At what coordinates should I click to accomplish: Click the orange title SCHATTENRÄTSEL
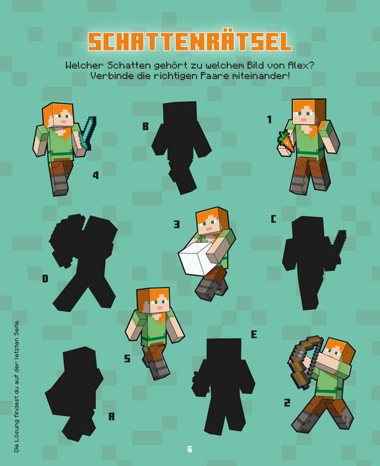pyautogui.click(x=189, y=41)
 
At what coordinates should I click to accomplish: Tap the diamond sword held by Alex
pyautogui.click(x=86, y=131)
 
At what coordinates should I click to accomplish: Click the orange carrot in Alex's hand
pyautogui.click(x=286, y=140)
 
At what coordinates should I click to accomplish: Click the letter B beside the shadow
pyautogui.click(x=146, y=127)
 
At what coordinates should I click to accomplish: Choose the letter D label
pyautogui.click(x=45, y=279)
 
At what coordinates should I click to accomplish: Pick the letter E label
pyautogui.click(x=254, y=334)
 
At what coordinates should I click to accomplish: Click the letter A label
pyautogui.click(x=112, y=416)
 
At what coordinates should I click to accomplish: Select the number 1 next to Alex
pyautogui.click(x=270, y=119)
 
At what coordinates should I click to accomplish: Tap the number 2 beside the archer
pyautogui.click(x=287, y=403)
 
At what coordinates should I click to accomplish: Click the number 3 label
pyautogui.click(x=177, y=224)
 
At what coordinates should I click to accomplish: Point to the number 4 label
pyautogui.click(x=95, y=176)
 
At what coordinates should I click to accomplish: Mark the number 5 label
pyautogui.click(x=127, y=359)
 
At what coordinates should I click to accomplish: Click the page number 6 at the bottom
pyautogui.click(x=190, y=449)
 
